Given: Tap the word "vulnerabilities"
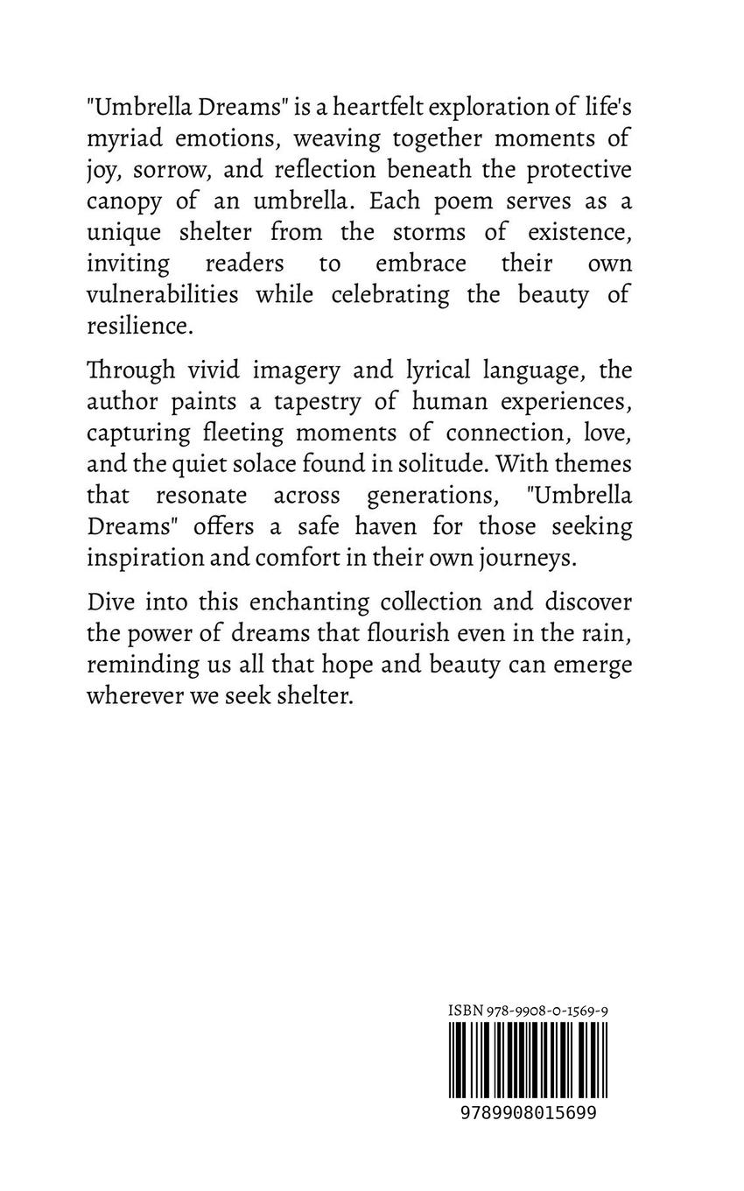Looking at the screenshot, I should coord(162,295).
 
